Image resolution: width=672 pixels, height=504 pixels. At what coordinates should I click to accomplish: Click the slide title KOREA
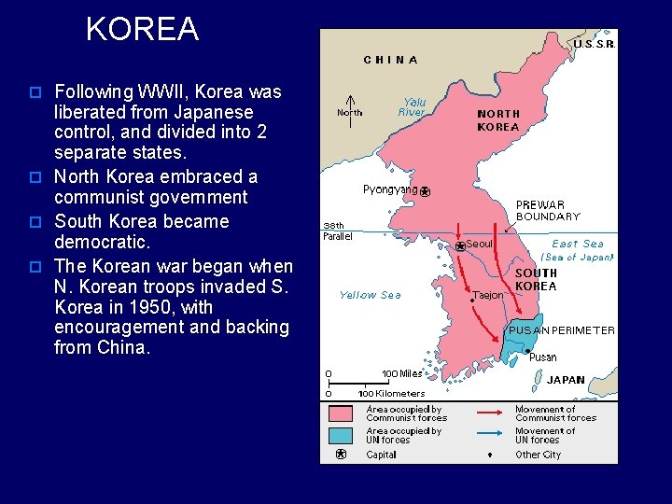coord(142,30)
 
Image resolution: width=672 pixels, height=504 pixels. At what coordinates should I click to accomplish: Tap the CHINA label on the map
coord(391,60)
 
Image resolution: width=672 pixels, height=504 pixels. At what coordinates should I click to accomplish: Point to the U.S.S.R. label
coord(594,44)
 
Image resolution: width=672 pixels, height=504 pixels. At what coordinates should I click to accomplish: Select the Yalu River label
coord(412,107)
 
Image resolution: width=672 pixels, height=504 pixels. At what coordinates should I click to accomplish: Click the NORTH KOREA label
coord(498,120)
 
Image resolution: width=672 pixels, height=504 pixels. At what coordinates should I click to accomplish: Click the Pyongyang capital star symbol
coord(425,192)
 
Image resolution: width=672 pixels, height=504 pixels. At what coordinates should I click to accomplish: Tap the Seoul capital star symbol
coord(460,246)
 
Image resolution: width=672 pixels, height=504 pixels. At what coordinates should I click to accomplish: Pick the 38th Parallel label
coord(339,230)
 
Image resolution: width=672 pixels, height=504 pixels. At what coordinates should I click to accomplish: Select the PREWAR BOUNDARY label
coord(548,211)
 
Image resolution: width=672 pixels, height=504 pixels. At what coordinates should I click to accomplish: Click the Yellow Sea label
coord(370,295)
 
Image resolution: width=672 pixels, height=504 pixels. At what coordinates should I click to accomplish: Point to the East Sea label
coord(578,244)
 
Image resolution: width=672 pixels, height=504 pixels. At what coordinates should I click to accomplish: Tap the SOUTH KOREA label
coord(536,280)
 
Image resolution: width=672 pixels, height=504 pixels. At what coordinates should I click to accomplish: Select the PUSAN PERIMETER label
coord(561,330)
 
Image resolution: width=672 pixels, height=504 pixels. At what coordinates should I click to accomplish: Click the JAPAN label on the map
coord(566,380)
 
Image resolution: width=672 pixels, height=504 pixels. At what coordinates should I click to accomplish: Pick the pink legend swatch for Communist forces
coord(341,413)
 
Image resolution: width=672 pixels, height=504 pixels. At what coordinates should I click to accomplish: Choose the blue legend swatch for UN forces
coord(341,435)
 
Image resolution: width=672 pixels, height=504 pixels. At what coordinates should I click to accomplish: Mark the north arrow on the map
coord(349,105)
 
